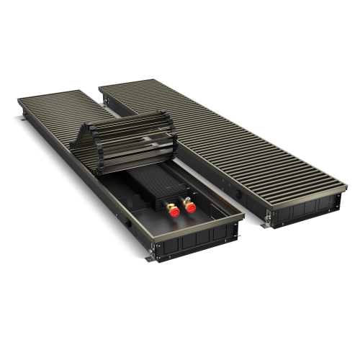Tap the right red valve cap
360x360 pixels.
point(190,207)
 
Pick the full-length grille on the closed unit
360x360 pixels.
point(230,137)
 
